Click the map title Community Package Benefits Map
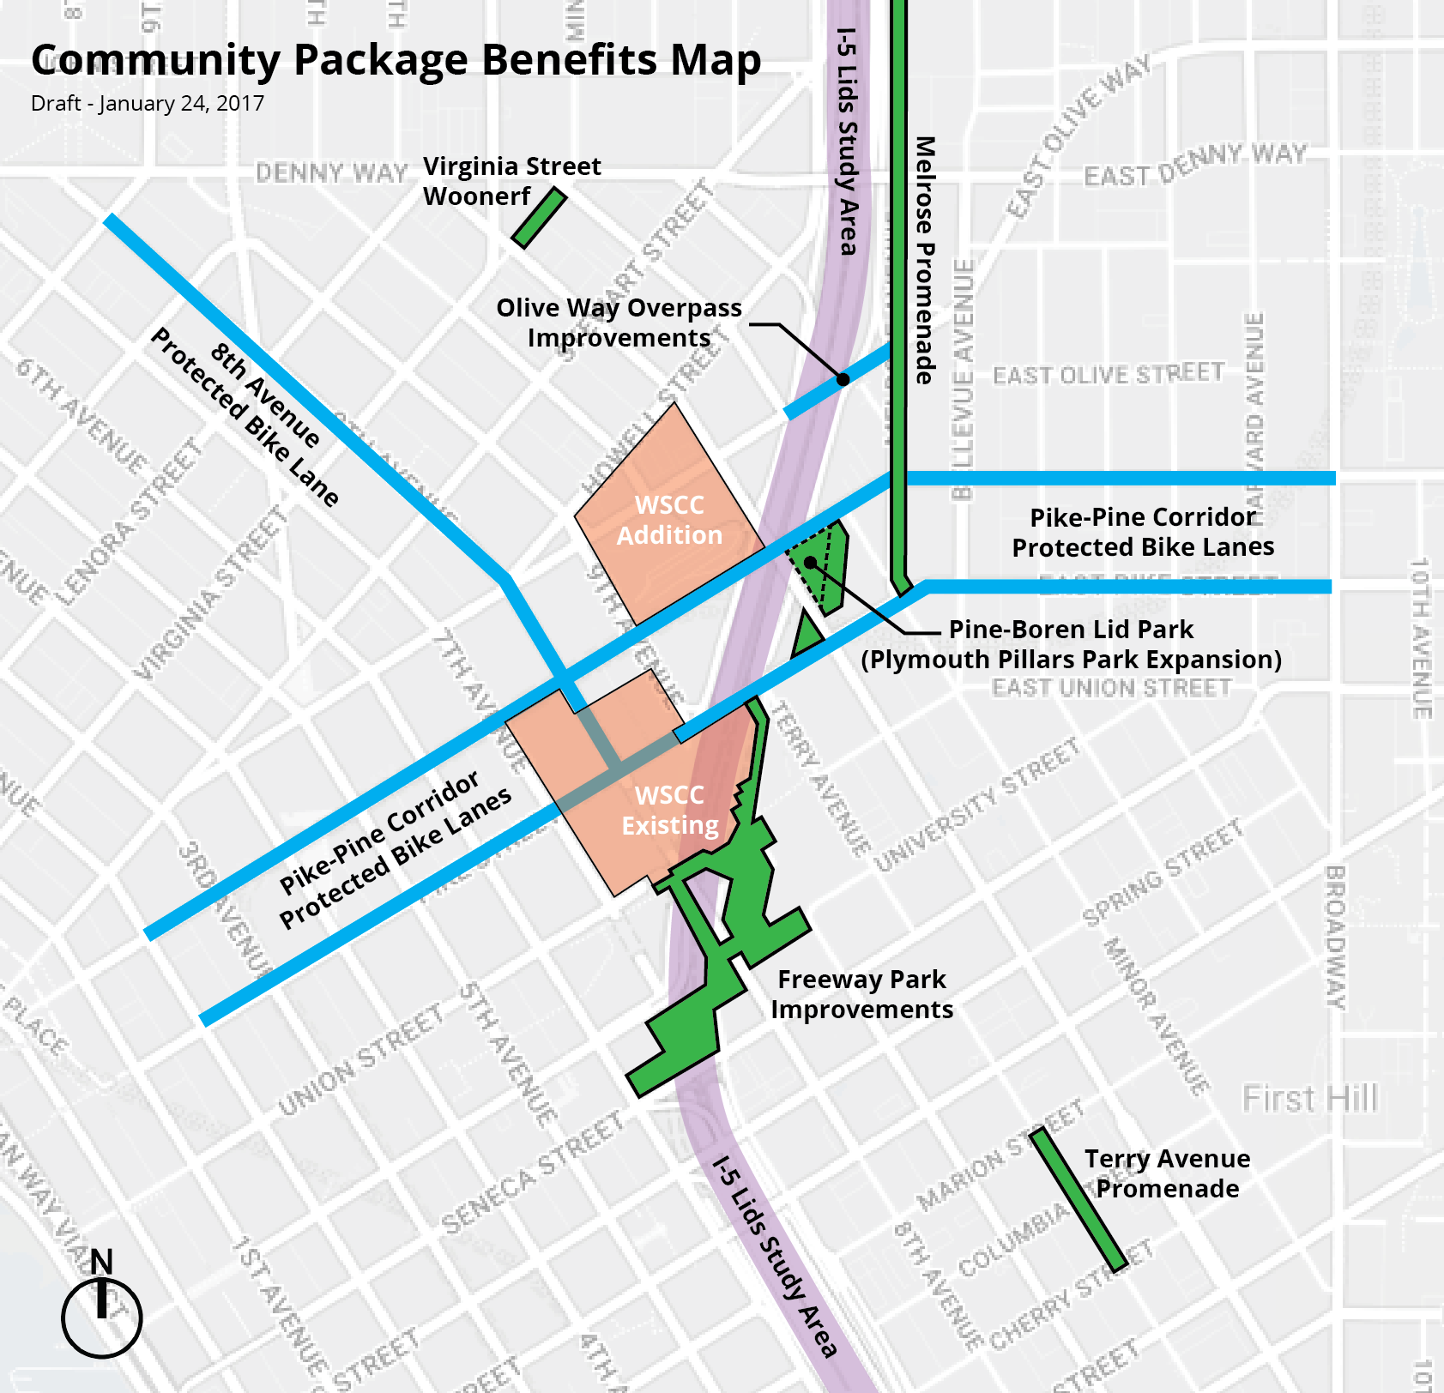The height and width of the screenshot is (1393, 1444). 396,60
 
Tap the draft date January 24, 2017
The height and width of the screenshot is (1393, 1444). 148,104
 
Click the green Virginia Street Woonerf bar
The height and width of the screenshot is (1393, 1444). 540,218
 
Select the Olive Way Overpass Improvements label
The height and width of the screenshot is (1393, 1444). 619,323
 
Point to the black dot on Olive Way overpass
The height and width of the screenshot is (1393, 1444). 843,379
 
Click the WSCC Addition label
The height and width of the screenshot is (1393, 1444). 669,520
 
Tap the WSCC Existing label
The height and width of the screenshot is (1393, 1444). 670,810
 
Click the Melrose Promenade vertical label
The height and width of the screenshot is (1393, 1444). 925,260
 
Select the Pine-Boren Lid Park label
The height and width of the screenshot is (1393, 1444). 1072,644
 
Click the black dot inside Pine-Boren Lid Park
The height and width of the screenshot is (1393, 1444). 810,563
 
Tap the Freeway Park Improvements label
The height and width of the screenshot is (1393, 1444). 861,994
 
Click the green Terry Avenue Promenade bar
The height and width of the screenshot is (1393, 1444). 1078,1199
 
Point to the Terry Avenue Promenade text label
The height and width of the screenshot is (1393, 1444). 1167,1173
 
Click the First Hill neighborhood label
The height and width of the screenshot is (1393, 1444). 1309,1098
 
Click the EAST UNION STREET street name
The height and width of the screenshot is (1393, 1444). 1111,688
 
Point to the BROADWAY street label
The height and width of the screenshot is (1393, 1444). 1336,937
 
